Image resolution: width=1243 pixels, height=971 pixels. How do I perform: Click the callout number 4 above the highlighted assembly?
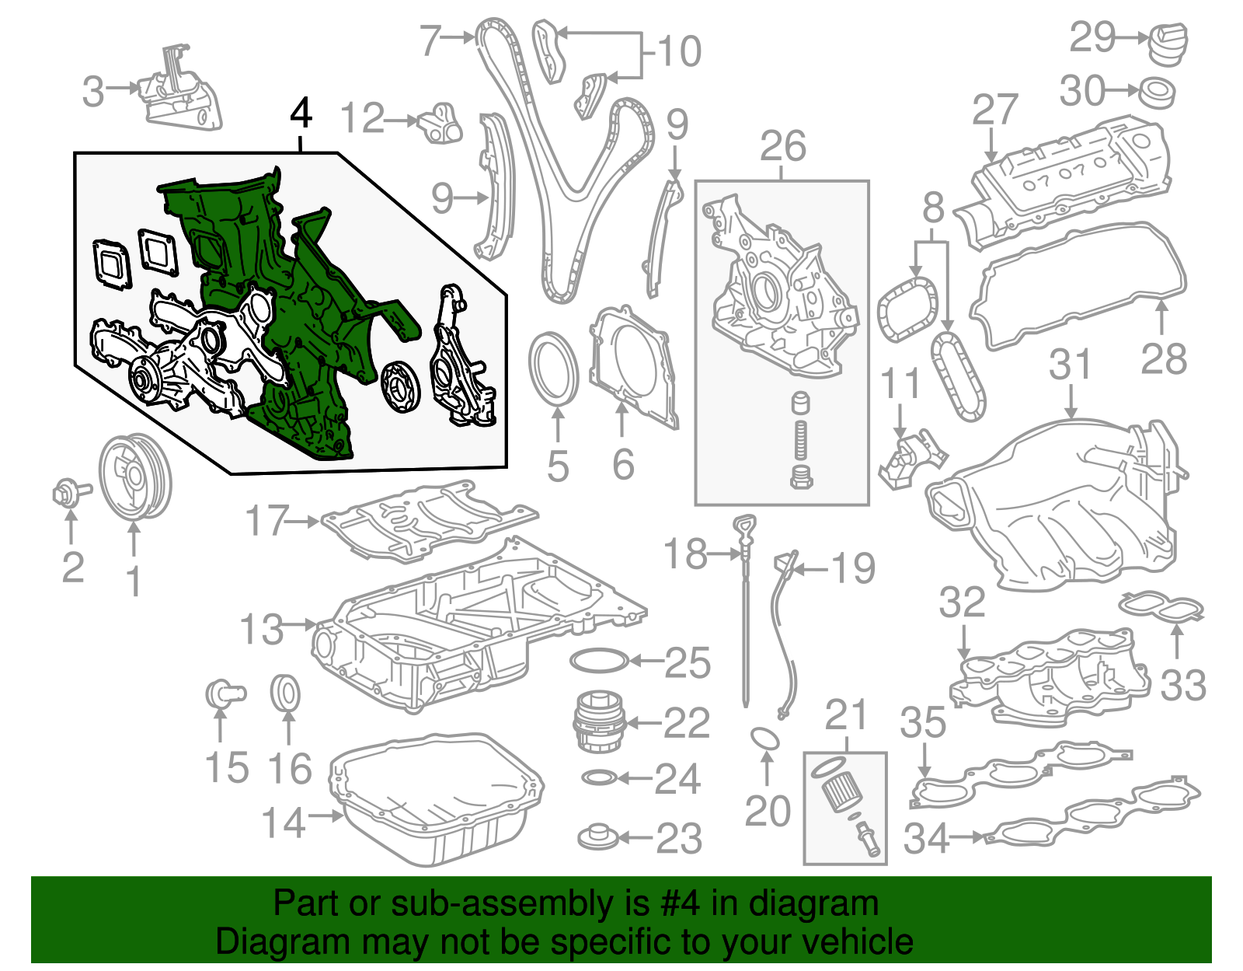click(x=301, y=114)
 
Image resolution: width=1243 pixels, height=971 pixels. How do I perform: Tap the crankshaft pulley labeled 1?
click(x=135, y=477)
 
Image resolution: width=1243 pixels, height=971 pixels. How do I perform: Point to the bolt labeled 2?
click(x=67, y=492)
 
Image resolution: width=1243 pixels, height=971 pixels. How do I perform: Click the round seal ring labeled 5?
click(x=554, y=368)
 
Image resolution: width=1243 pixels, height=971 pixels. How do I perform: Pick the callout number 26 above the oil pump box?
click(x=782, y=147)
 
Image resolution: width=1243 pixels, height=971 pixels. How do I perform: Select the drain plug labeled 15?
click(x=223, y=692)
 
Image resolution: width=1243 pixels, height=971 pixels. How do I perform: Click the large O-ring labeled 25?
click(x=598, y=662)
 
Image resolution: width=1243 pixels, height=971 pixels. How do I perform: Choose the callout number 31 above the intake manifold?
click(x=1071, y=364)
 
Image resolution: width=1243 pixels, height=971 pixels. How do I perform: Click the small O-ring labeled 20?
click(x=765, y=738)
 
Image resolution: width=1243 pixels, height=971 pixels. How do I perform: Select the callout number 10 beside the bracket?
click(x=679, y=51)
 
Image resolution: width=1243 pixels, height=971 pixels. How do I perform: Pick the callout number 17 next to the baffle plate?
click(x=266, y=521)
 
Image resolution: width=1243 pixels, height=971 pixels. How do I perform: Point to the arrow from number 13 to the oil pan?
click(x=300, y=623)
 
